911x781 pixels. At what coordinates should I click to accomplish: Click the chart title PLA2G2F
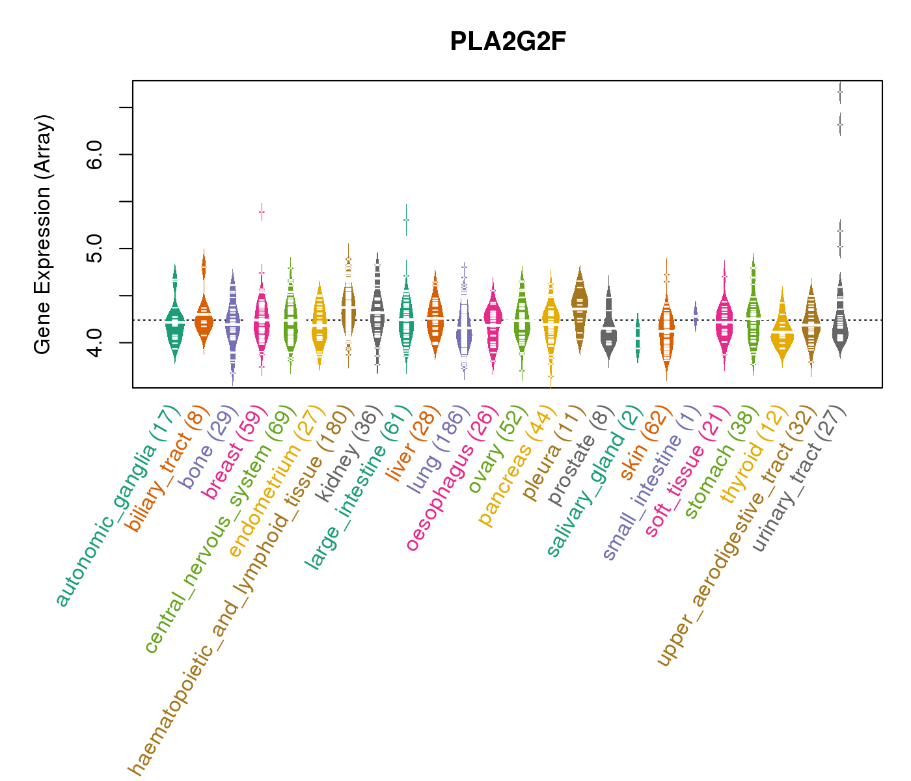tap(508, 42)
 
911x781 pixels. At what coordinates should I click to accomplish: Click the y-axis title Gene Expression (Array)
tap(42, 234)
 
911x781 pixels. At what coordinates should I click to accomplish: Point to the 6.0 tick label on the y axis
tap(95, 154)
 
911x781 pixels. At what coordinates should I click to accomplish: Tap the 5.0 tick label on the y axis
tap(95, 249)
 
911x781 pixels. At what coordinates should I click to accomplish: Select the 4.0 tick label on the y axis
tap(95, 342)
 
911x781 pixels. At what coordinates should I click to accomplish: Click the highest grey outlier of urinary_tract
tap(840, 92)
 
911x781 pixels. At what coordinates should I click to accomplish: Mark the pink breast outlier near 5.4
tap(262, 212)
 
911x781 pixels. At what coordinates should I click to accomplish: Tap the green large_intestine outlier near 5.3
tap(406, 220)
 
